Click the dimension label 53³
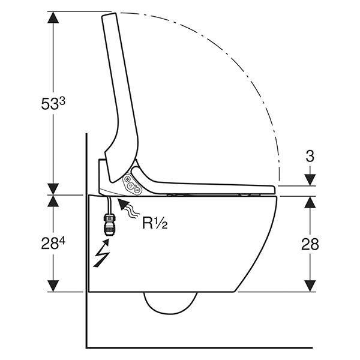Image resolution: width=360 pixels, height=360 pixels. click(53, 103)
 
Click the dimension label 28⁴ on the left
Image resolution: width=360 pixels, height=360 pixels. click(53, 243)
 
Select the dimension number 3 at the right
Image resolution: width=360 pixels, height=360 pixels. click(310, 156)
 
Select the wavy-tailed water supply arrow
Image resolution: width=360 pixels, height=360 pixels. click(128, 208)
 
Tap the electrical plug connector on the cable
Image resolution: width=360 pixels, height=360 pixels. click(109, 224)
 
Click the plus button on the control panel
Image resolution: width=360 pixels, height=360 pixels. click(127, 179)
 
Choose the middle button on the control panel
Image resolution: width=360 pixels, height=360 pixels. click(131, 185)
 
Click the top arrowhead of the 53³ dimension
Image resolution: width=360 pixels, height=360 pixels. click(53, 17)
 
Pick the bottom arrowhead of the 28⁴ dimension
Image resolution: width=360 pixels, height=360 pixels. click(53, 286)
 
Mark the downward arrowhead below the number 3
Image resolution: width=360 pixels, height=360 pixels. click(310, 180)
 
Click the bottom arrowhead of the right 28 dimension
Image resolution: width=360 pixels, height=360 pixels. click(310, 286)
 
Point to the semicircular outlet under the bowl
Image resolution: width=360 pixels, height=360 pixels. click(170, 303)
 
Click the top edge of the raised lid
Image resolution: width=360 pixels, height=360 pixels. click(109, 14)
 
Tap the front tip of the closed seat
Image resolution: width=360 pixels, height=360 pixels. click(274, 190)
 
